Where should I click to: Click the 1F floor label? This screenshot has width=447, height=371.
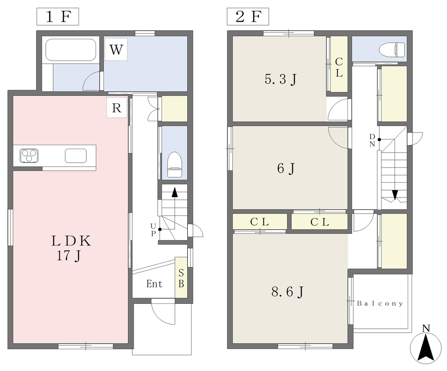coord(58,17)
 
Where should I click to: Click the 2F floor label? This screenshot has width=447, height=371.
coord(248,17)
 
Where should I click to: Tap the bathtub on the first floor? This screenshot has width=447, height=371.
coord(71,50)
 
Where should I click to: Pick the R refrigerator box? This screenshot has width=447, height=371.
coord(117,108)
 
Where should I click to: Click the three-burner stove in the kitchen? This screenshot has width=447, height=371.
coord(29,156)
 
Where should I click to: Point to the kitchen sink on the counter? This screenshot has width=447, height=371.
coord(76,156)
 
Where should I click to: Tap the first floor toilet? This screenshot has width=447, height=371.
coord(174,165)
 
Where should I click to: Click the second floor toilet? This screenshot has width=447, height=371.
coord(392,50)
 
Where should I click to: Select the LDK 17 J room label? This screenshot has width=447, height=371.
coord(71,248)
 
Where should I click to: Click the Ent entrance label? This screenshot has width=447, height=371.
coord(154,284)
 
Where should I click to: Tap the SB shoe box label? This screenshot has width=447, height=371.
coord(181,279)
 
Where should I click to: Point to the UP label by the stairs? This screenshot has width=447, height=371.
coord(153,230)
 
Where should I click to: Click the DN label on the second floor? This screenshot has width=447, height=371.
coord(372,140)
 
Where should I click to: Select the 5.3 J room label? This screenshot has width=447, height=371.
coord(281,79)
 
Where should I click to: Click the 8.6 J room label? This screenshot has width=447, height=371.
coord(288,292)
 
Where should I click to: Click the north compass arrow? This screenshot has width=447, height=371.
coord(426,348)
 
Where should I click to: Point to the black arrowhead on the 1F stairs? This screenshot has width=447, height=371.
coord(175,192)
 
